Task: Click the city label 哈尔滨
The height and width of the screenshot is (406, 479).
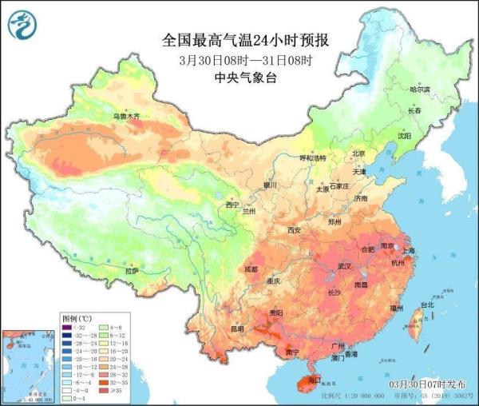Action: pos(420,90)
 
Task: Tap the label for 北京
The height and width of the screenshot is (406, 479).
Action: pos(358,153)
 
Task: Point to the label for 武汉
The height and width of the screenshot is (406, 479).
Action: pos(345,265)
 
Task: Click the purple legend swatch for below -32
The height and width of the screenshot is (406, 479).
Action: pos(69,327)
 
